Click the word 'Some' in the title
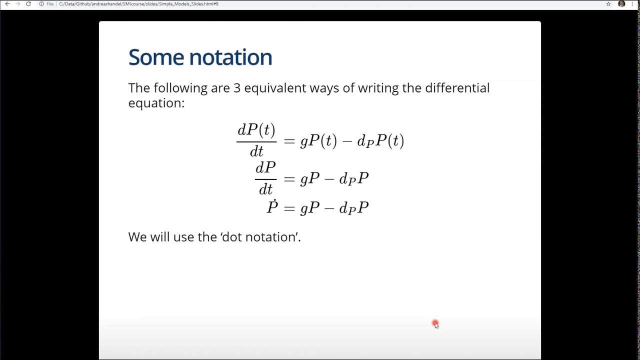pyautogui.click(x=155, y=57)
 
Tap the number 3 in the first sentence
pyautogui.click(x=237, y=88)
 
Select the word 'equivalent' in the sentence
pyautogui.click(x=274, y=88)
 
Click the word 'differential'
pyautogui.click(x=457, y=88)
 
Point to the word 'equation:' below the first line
pyautogui.click(x=156, y=103)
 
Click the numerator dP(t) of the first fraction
pyautogui.click(x=256, y=130)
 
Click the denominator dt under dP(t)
pyautogui.click(x=256, y=151)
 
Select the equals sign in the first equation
pyautogui.click(x=289, y=141)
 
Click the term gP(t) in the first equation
pyautogui.click(x=318, y=141)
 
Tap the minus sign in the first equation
pyautogui.click(x=346, y=141)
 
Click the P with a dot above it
pyautogui.click(x=272, y=206)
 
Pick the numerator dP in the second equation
pyautogui.click(x=265, y=168)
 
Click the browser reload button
pyautogui.click(x=28, y=4)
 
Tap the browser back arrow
pyautogui.click(x=7, y=4)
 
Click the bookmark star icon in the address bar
pyautogui.click(x=608, y=4)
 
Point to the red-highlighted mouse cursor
pyautogui.click(x=435, y=324)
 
